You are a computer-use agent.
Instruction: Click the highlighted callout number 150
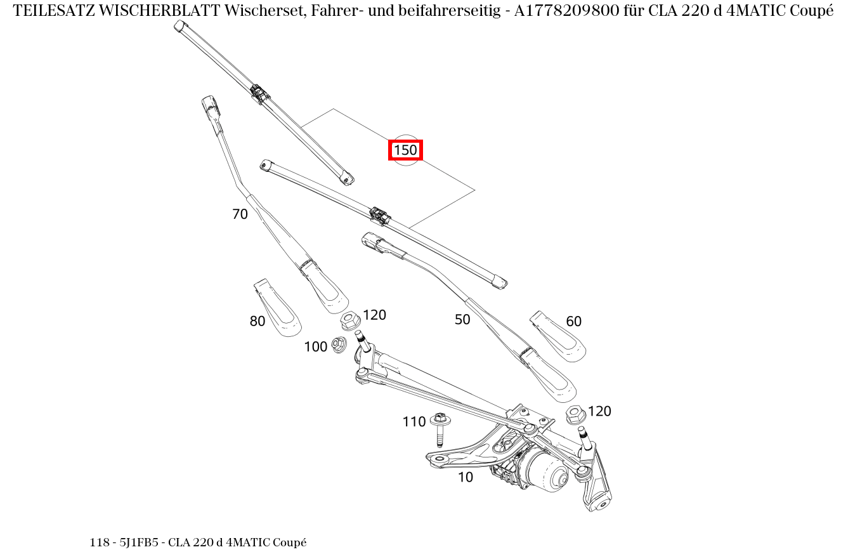click(x=405, y=150)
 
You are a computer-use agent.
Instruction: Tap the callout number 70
click(x=240, y=214)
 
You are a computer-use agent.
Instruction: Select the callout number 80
click(x=258, y=322)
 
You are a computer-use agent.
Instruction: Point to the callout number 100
click(x=316, y=346)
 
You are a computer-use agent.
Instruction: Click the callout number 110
click(x=414, y=422)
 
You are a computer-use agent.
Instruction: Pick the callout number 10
click(x=466, y=477)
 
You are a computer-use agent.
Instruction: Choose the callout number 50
click(x=462, y=320)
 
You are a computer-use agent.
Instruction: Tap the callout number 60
click(x=573, y=322)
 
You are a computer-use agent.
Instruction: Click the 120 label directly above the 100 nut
click(x=374, y=315)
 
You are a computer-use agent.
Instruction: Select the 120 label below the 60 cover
click(x=599, y=411)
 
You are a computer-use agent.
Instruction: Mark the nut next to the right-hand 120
click(x=575, y=415)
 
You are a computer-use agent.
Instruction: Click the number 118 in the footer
click(x=100, y=543)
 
